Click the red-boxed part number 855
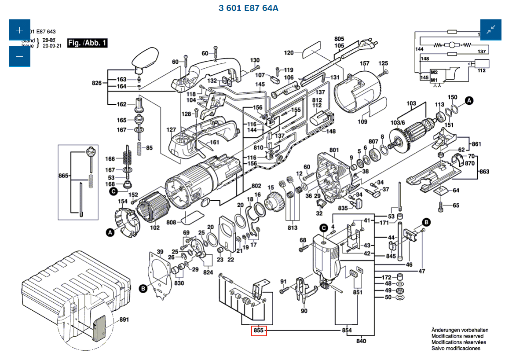click(x=259, y=331)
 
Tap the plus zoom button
click(x=19, y=30)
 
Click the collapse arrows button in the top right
click(x=491, y=30)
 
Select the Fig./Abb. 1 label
click(x=87, y=43)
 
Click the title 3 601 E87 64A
click(x=249, y=8)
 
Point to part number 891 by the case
click(x=124, y=320)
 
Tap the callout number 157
click(x=365, y=63)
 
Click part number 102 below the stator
click(x=155, y=228)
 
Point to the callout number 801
click(x=334, y=150)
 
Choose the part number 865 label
click(x=64, y=176)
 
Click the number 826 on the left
click(x=97, y=83)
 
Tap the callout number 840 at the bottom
click(x=361, y=341)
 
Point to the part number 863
click(x=484, y=171)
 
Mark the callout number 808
click(x=171, y=222)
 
